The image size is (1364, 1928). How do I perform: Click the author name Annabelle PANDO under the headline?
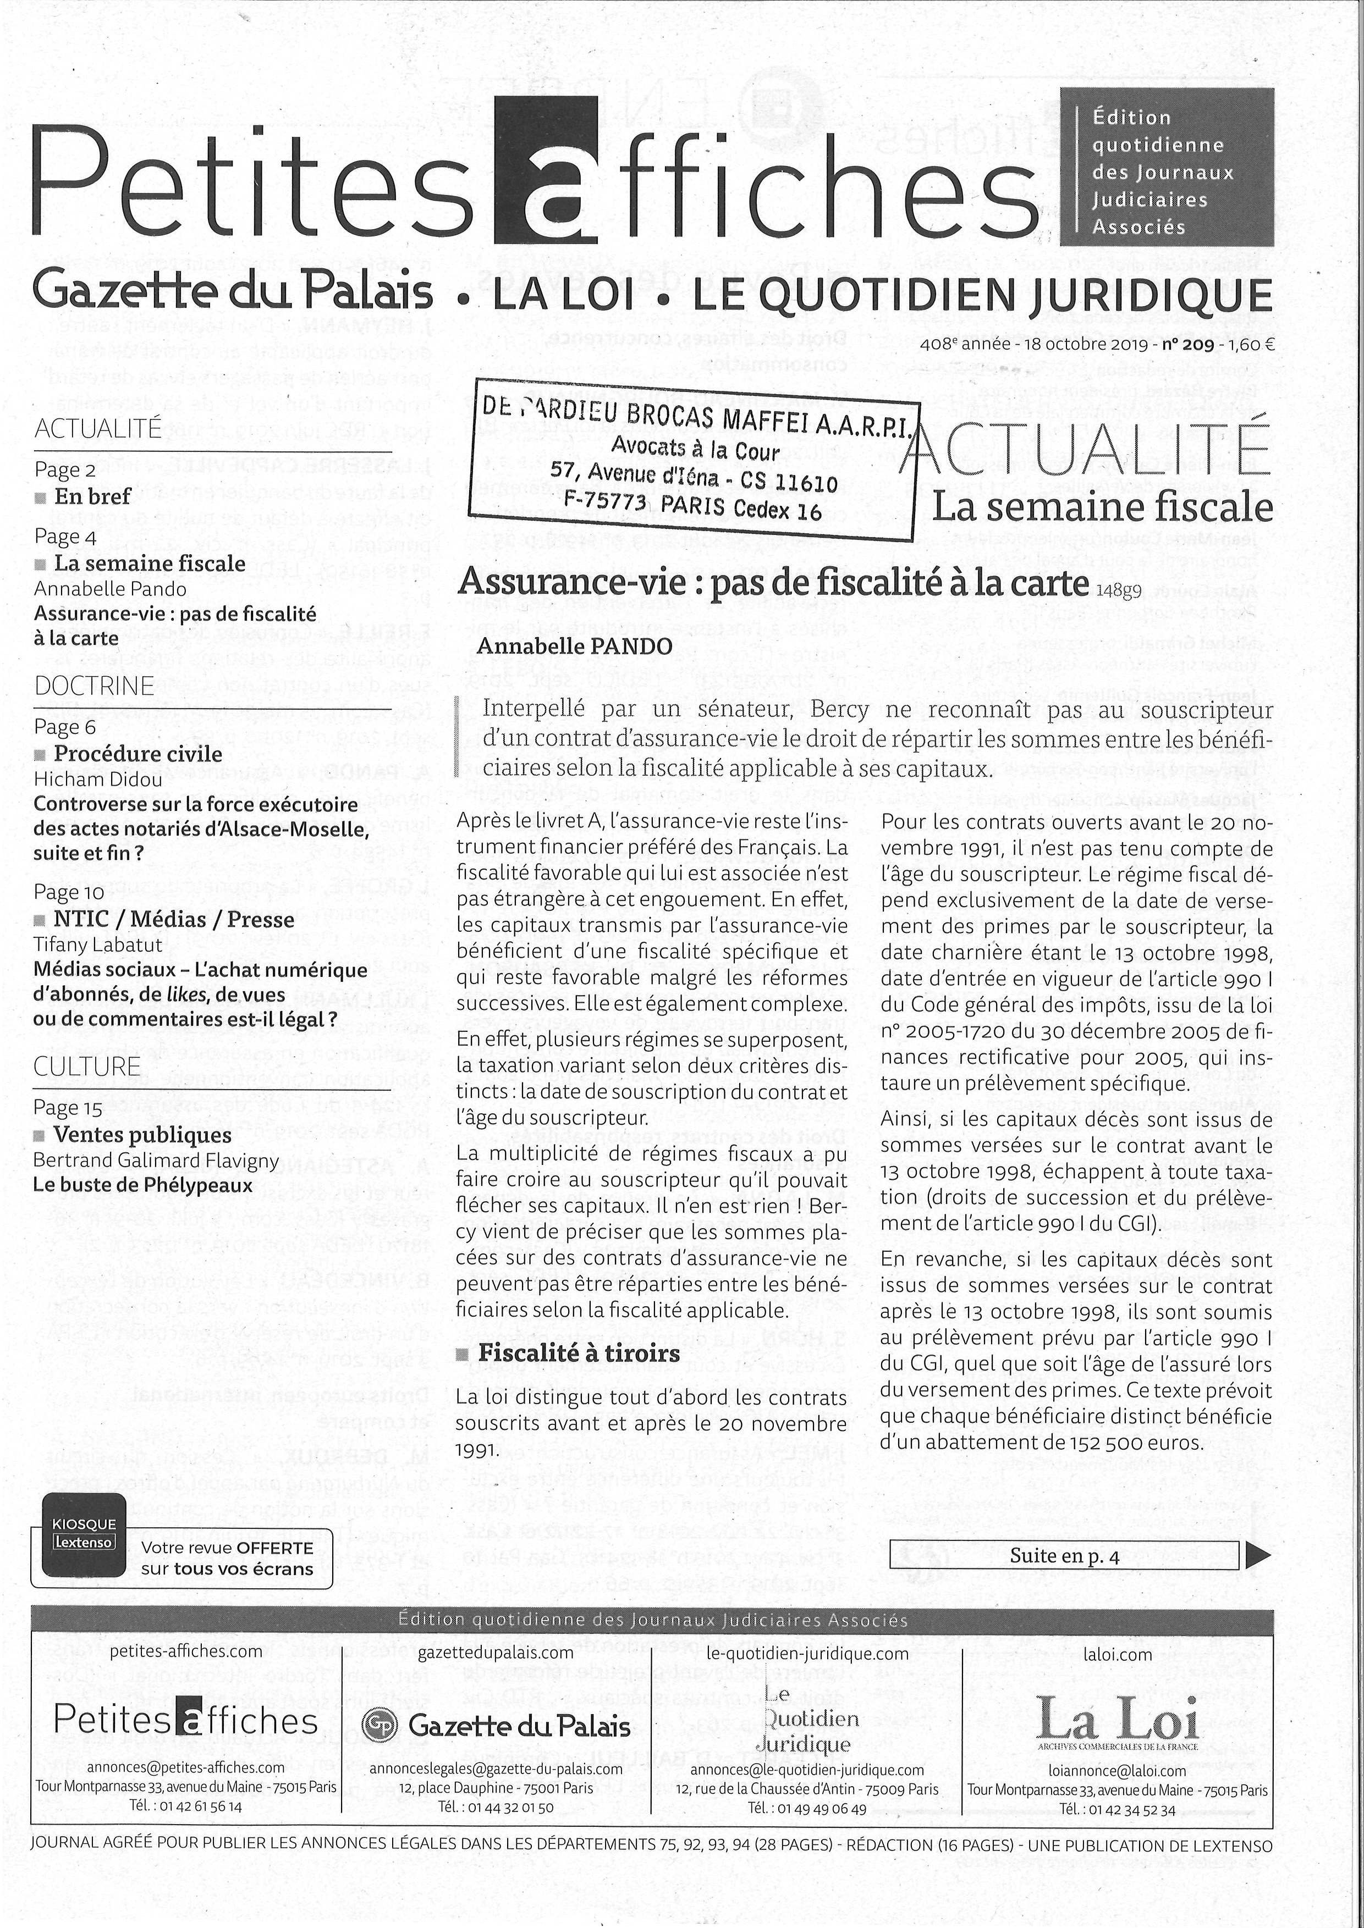[x=575, y=646]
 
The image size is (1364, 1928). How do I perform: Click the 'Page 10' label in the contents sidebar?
[x=69, y=892]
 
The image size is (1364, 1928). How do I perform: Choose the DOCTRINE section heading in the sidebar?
[x=94, y=686]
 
